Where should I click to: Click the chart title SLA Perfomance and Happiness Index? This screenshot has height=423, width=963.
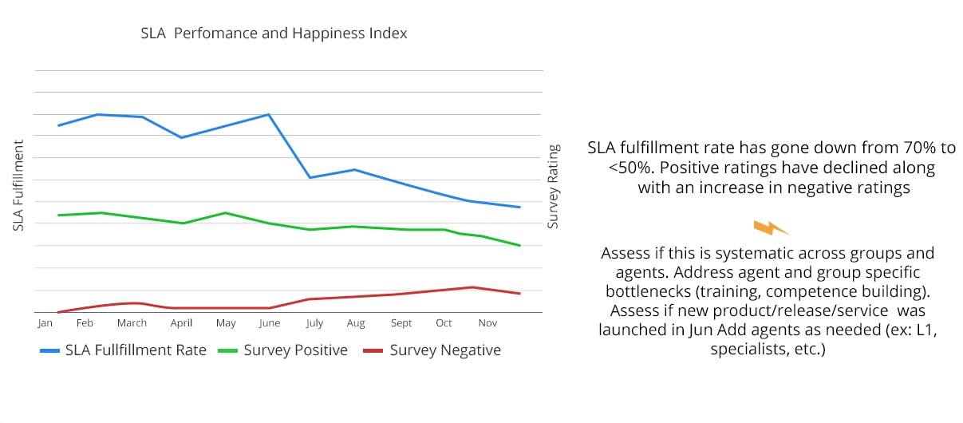click(273, 34)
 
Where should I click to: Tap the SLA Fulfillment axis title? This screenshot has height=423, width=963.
click(18, 184)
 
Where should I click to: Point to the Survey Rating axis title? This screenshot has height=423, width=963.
click(553, 186)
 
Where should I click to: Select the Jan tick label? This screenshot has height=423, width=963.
click(45, 323)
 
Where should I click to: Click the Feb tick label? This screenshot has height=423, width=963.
click(85, 323)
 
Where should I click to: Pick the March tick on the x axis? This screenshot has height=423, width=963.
click(132, 323)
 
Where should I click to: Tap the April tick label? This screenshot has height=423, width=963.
click(181, 323)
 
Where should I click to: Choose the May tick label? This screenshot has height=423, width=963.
click(226, 323)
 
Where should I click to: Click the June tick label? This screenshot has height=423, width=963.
click(270, 323)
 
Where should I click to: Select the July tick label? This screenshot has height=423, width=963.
click(314, 323)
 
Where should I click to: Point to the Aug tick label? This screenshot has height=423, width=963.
click(356, 323)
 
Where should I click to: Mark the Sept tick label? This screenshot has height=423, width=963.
click(401, 323)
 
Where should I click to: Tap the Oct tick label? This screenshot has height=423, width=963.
click(444, 323)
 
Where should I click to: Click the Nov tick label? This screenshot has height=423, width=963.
click(487, 323)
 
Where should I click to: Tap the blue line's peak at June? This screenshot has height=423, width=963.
click(269, 114)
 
